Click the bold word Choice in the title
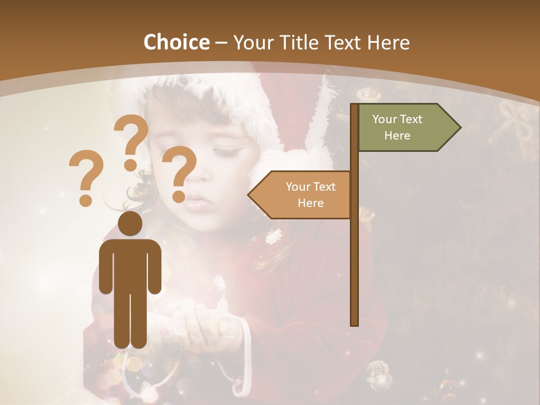tap(176, 42)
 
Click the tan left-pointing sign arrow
tap(301, 195)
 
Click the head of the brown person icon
tap(130, 223)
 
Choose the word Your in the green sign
tap(385, 119)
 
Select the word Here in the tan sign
tap(310, 203)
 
